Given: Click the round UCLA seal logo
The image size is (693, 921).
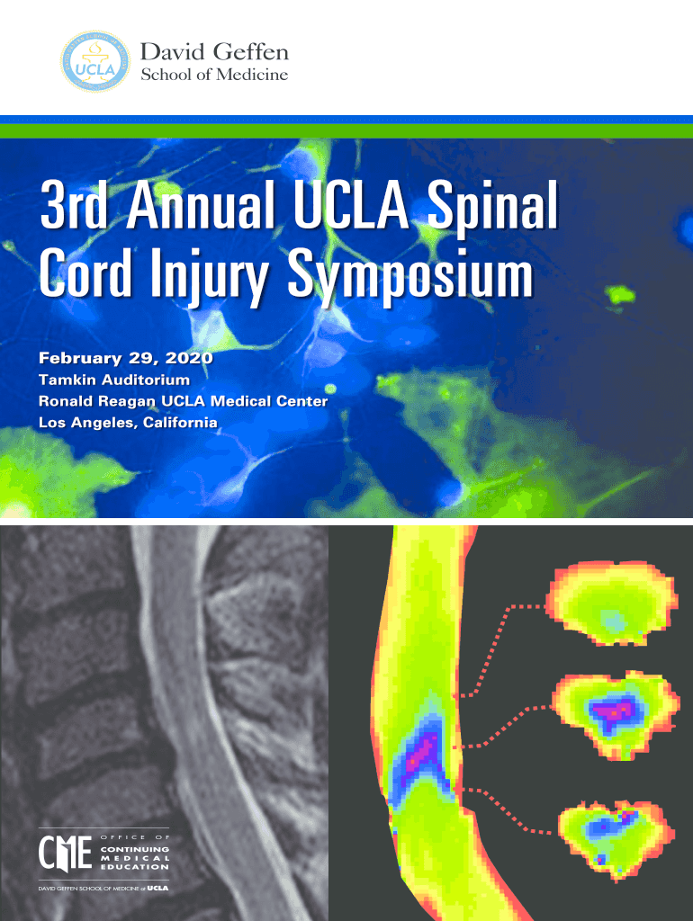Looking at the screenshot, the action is tap(95, 61).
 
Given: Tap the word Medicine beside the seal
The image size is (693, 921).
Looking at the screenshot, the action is tap(252, 75).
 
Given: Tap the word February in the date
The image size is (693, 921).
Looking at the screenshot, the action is tap(80, 358).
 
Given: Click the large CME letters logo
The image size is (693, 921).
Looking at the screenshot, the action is tap(65, 853).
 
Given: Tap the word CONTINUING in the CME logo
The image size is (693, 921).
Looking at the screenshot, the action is tap(135, 849).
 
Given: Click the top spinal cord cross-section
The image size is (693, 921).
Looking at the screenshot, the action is tap(612, 604).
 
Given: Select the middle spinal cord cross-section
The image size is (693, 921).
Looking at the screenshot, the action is tap(616, 716).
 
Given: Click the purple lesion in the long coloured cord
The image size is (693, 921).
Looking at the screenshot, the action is tap(423, 752).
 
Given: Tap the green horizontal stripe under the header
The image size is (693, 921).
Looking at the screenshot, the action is tap(346, 130).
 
